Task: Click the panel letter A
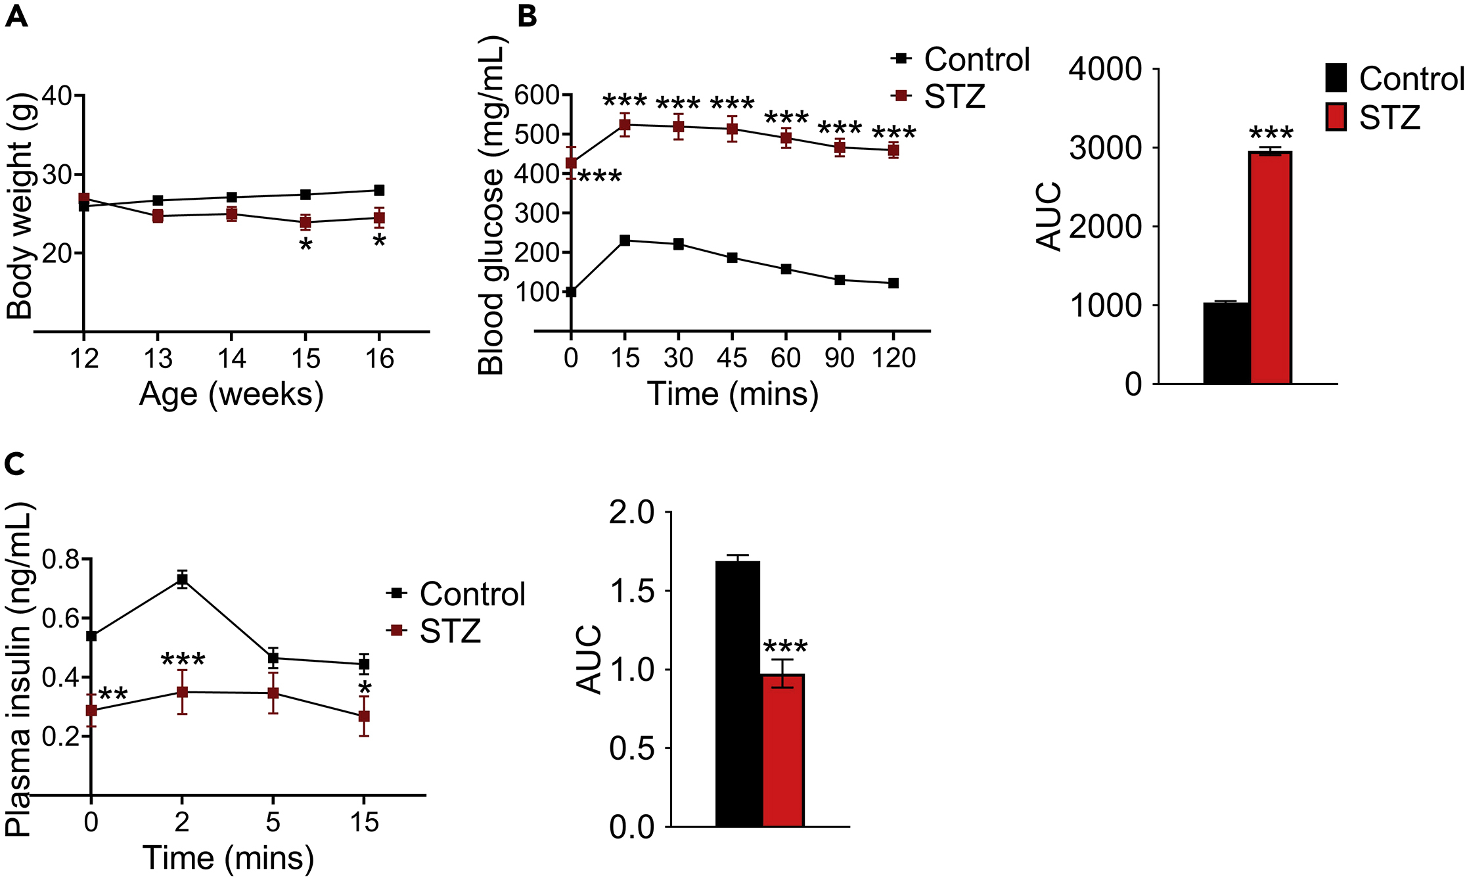point(16,16)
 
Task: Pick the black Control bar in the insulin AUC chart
point(738,693)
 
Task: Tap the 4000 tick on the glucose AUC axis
point(1106,69)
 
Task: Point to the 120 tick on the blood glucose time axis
point(893,358)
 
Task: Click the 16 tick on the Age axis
point(379,359)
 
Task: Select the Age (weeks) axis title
point(231,395)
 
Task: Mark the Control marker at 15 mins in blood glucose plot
point(625,241)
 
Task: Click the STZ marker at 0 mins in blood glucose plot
point(571,163)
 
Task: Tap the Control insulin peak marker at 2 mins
point(182,579)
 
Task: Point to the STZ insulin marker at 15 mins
point(363,716)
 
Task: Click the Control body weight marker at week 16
point(379,191)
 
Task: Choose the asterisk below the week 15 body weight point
point(305,246)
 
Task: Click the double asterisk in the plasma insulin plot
point(113,695)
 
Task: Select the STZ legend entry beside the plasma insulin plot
point(435,631)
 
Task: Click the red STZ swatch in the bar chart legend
point(1336,117)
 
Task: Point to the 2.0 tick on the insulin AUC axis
point(632,513)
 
